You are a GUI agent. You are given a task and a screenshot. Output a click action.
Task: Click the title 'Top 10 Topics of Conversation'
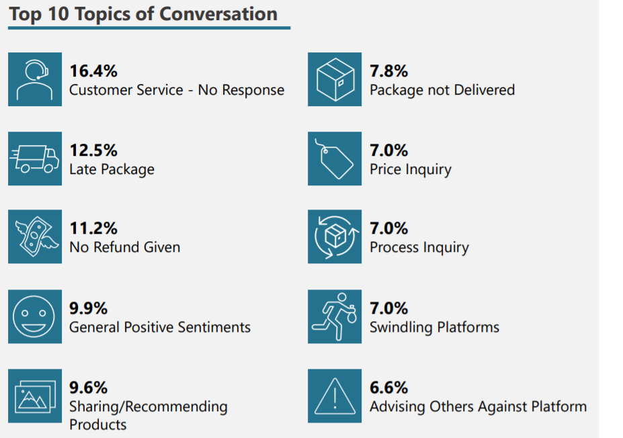pyautogui.click(x=143, y=15)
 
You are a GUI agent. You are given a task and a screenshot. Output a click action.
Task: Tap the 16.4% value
pyautogui.click(x=93, y=71)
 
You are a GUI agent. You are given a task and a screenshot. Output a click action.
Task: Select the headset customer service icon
pyautogui.click(x=35, y=79)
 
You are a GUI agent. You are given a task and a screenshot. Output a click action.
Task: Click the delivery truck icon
pyautogui.click(x=35, y=159)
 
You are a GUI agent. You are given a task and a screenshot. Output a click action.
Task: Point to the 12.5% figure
pyautogui.click(x=93, y=150)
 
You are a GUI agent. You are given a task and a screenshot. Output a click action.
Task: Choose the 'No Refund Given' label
pyautogui.click(x=125, y=247)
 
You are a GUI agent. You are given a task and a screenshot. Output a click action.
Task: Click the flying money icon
pyautogui.click(x=35, y=236)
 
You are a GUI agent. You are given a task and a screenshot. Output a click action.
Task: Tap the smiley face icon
pyautogui.click(x=35, y=316)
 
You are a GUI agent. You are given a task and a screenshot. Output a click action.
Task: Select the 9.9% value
pyautogui.click(x=89, y=308)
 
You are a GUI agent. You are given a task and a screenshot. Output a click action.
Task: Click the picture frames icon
pyautogui.click(x=35, y=396)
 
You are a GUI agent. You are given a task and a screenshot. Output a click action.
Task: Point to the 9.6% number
pyautogui.click(x=89, y=388)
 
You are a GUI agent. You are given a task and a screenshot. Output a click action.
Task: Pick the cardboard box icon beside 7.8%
pyautogui.click(x=335, y=79)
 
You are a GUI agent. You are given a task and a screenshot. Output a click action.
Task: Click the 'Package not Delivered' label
pyautogui.click(x=442, y=90)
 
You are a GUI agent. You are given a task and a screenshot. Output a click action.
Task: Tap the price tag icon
pyautogui.click(x=335, y=159)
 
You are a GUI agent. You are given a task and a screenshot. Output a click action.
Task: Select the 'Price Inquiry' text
pyautogui.click(x=411, y=169)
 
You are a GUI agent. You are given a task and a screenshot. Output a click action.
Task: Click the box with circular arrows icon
pyautogui.click(x=335, y=236)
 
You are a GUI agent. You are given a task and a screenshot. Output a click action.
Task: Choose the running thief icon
pyautogui.click(x=335, y=316)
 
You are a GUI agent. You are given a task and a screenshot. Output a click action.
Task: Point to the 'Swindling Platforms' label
pyautogui.click(x=435, y=327)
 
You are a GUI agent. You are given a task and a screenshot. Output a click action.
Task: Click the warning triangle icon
pyautogui.click(x=335, y=396)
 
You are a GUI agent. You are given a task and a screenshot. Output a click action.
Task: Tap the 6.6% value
pyautogui.click(x=389, y=388)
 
